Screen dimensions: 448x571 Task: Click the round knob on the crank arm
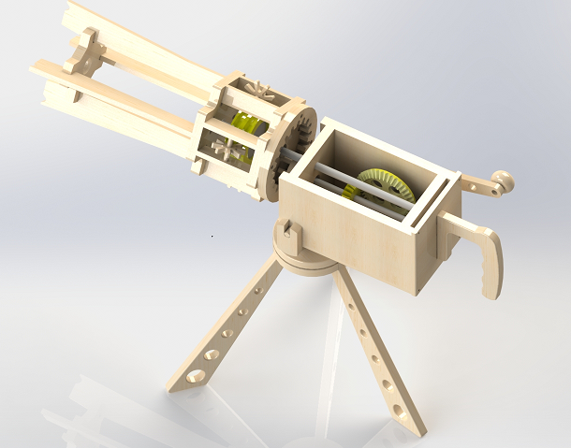(x=503, y=178)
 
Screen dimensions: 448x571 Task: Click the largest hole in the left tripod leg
(x=196, y=376)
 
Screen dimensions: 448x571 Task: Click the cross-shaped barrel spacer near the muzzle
(x=86, y=51)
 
